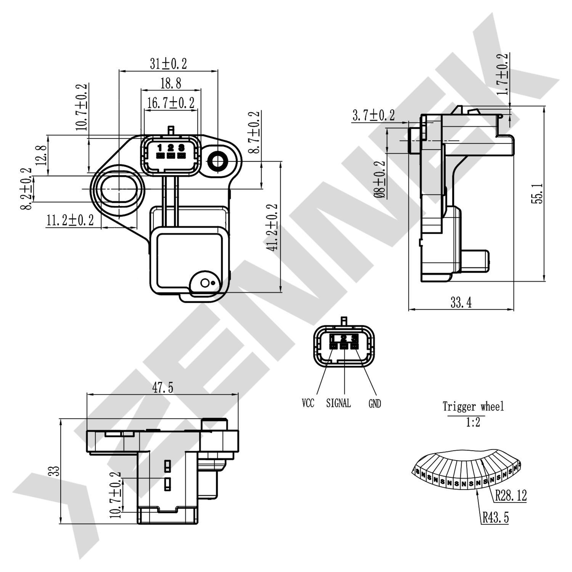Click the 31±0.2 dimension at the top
coord(168,64)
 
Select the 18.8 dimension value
coord(170,83)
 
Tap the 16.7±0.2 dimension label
coord(170,103)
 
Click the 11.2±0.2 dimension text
coord(70,220)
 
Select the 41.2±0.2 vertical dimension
coord(272,227)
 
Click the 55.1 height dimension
coord(538,193)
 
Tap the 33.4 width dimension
coord(461,303)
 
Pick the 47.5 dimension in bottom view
coord(162,388)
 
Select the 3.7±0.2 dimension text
coord(373,115)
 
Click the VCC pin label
coord(308,403)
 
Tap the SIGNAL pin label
coord(338,403)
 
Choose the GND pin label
coord(374,403)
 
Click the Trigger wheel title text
coord(473,407)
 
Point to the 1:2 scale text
coord(473,422)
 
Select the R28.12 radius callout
coord(511,496)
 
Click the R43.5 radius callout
coord(495,518)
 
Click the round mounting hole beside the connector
coord(218,162)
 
